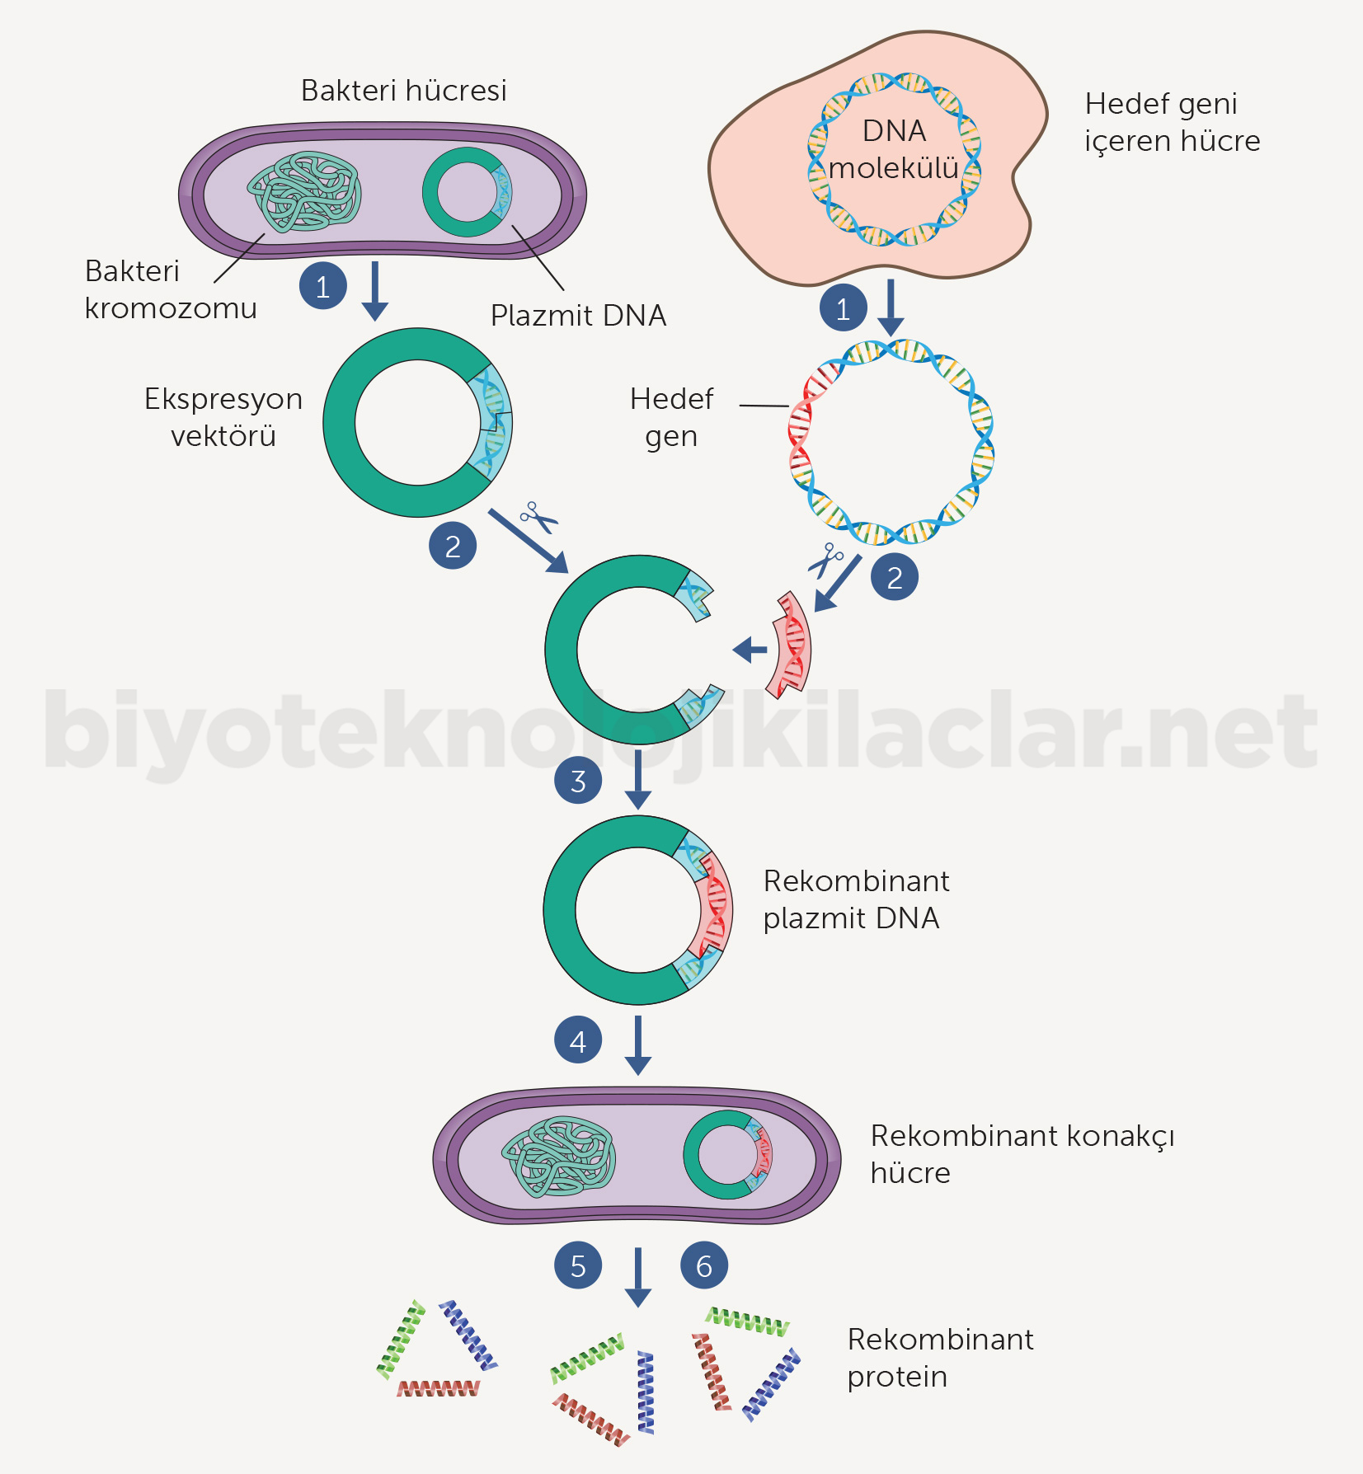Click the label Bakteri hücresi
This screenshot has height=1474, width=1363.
point(403,91)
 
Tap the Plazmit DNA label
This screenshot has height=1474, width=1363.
point(578,316)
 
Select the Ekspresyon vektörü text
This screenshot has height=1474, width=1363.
point(223,417)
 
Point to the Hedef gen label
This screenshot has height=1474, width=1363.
point(671,417)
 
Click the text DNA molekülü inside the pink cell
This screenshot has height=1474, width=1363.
point(894,150)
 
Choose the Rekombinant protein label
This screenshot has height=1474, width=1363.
point(940,1358)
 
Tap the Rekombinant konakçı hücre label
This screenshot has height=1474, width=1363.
point(1022,1154)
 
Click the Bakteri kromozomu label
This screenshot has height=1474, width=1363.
point(171,289)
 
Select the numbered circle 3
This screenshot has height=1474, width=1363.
point(578,781)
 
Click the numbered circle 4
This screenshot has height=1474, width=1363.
point(578,1041)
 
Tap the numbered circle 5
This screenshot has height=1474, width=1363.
point(578,1265)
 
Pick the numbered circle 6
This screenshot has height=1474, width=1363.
point(704,1265)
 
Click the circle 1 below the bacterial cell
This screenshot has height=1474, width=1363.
point(323,286)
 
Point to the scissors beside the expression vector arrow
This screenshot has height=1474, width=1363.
point(538,518)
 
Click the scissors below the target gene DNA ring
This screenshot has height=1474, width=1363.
point(825,561)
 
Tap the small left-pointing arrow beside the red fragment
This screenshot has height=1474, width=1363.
point(750,650)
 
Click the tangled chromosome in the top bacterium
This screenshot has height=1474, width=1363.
point(304,192)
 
